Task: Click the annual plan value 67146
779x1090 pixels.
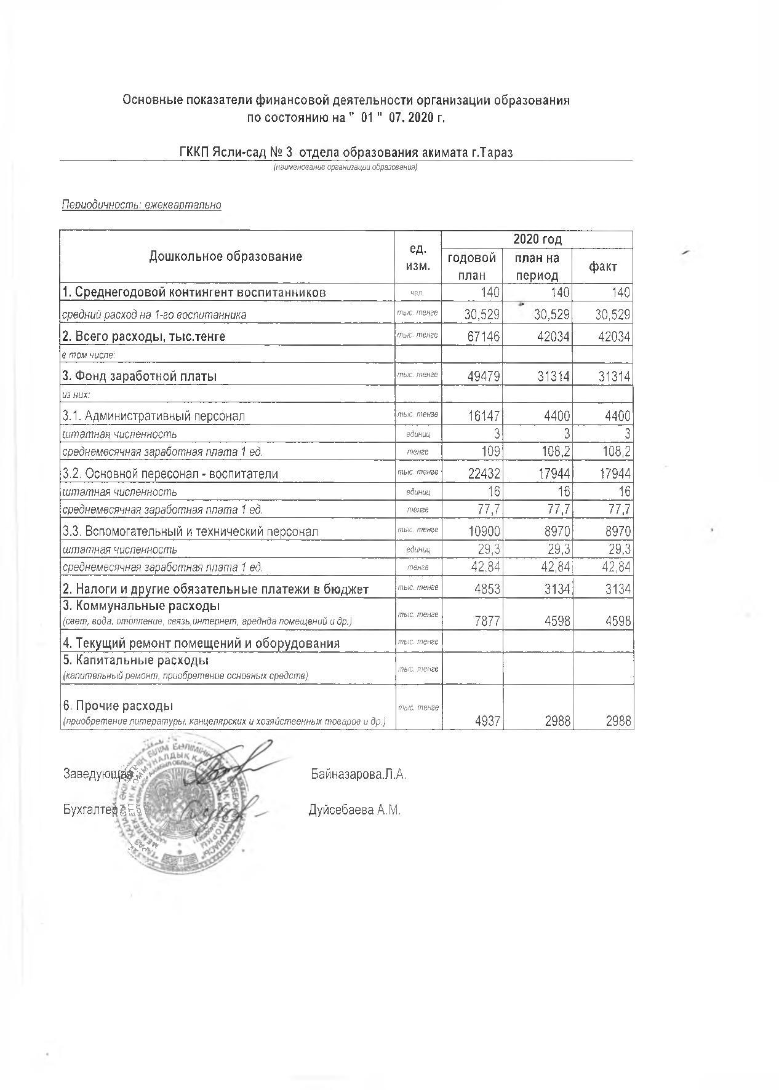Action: point(483,336)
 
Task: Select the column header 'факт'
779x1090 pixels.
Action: point(602,266)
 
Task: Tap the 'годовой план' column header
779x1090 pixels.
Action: point(472,266)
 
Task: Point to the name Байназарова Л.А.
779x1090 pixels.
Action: point(358,774)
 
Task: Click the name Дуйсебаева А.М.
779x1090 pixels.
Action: point(354,810)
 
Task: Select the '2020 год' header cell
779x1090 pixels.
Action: point(537,239)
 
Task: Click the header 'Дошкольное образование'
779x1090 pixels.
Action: point(226,257)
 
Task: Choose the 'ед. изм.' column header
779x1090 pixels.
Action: point(418,257)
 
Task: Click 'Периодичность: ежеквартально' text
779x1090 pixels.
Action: point(142,205)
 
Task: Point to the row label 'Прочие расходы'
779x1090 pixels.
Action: point(118,705)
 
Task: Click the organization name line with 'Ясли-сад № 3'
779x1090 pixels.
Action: point(346,153)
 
